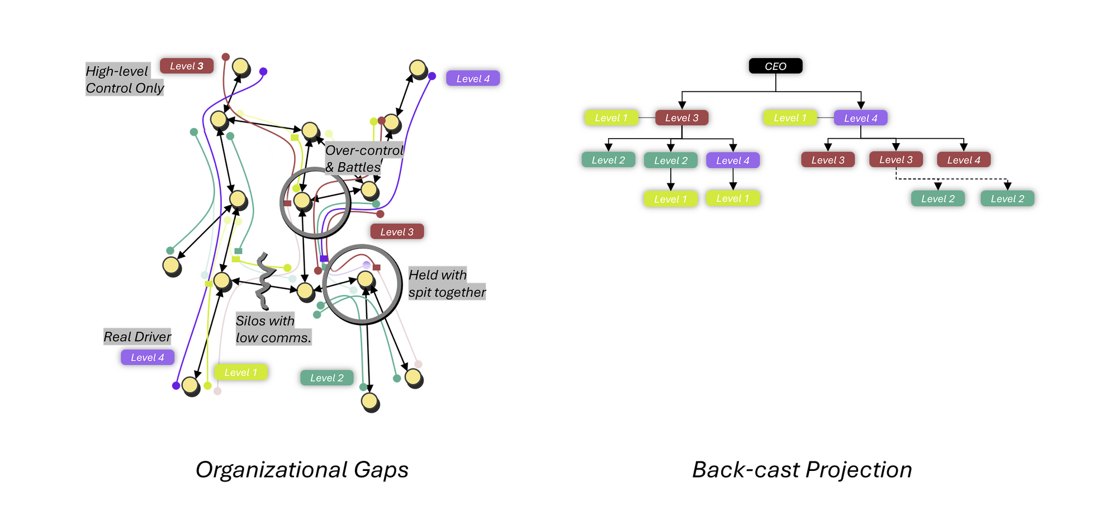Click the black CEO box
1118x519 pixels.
click(775, 66)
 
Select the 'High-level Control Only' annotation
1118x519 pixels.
click(124, 79)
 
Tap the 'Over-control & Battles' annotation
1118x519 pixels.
click(363, 158)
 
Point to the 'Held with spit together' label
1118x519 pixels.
click(446, 283)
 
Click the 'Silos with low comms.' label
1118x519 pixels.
click(273, 329)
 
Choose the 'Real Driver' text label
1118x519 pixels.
click(137, 337)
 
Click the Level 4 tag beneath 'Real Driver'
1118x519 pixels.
click(148, 357)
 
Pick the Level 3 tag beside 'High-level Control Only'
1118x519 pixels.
click(187, 66)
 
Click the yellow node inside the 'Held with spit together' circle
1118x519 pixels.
click(365, 279)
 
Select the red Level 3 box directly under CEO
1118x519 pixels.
click(681, 118)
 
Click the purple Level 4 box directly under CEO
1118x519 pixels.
click(860, 118)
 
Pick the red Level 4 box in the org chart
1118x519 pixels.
click(963, 160)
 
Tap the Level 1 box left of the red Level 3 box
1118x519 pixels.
click(611, 118)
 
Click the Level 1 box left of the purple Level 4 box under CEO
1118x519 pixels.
click(790, 118)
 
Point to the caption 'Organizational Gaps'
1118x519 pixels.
click(302, 470)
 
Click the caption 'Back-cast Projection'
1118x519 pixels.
click(802, 470)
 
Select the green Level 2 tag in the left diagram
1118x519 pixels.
click(327, 378)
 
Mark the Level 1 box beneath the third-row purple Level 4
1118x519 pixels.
click(732, 199)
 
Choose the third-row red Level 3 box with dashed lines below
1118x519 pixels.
click(896, 160)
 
